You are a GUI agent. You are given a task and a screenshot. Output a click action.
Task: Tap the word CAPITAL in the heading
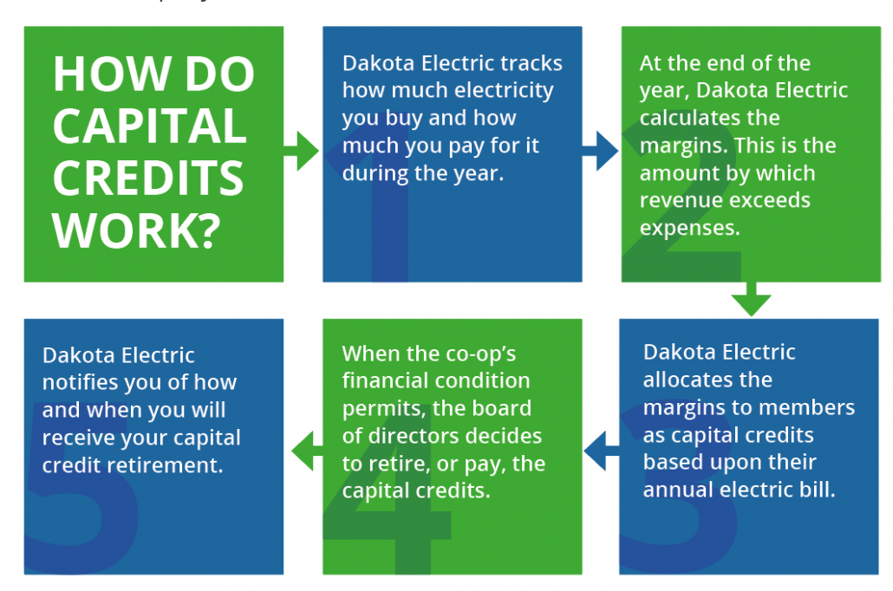click(150, 126)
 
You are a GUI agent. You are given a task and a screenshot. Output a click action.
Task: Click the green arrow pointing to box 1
click(301, 151)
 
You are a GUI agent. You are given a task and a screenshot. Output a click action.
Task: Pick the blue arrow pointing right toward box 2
click(600, 151)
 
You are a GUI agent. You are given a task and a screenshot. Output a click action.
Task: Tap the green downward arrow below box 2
click(751, 299)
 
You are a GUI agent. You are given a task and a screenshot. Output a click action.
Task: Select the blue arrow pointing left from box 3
click(602, 451)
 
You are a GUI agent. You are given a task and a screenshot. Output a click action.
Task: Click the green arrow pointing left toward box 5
click(307, 451)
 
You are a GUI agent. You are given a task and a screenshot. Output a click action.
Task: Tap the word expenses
click(689, 228)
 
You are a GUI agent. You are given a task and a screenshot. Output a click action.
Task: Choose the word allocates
click(708, 380)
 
